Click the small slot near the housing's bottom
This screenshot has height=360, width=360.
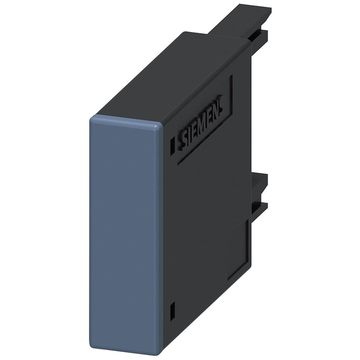tap(173, 309)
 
